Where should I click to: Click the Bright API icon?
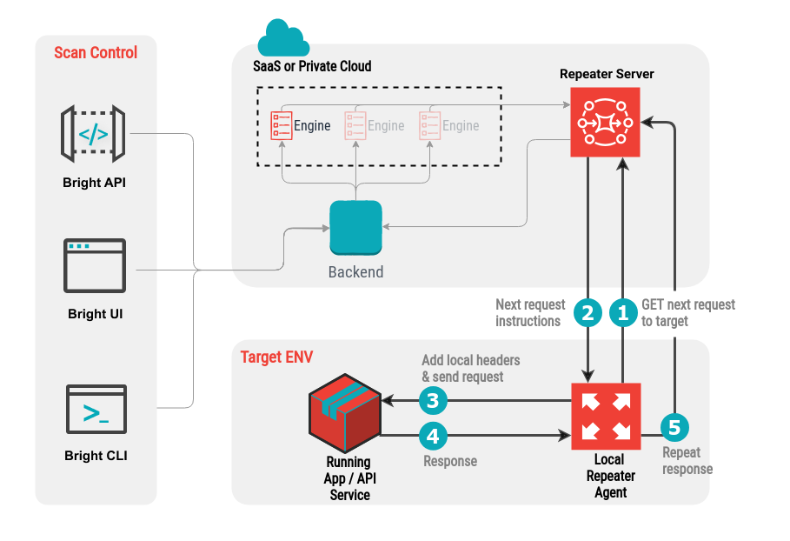click(x=93, y=134)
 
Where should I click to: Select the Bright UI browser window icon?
click(x=95, y=265)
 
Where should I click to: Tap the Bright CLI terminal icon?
click(x=96, y=409)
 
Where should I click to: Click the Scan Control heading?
click(x=96, y=52)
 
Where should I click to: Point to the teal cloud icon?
click(x=283, y=38)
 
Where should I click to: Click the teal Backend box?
click(x=355, y=228)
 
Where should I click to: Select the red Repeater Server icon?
click(x=605, y=122)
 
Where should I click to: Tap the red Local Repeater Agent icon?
click(x=606, y=417)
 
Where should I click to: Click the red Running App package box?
click(x=345, y=413)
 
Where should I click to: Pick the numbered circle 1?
click(x=623, y=313)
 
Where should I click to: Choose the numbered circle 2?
click(x=588, y=313)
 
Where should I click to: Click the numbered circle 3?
click(x=433, y=401)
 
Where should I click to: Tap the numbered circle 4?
click(x=433, y=436)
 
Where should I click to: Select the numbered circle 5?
click(x=674, y=428)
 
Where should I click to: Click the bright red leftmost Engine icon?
click(x=281, y=125)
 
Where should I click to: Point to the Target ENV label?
click(x=276, y=357)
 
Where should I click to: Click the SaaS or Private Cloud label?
click(x=312, y=66)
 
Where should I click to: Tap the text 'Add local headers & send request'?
click(x=471, y=368)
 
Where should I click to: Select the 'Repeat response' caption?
click(x=687, y=460)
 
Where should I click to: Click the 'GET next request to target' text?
click(x=688, y=312)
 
